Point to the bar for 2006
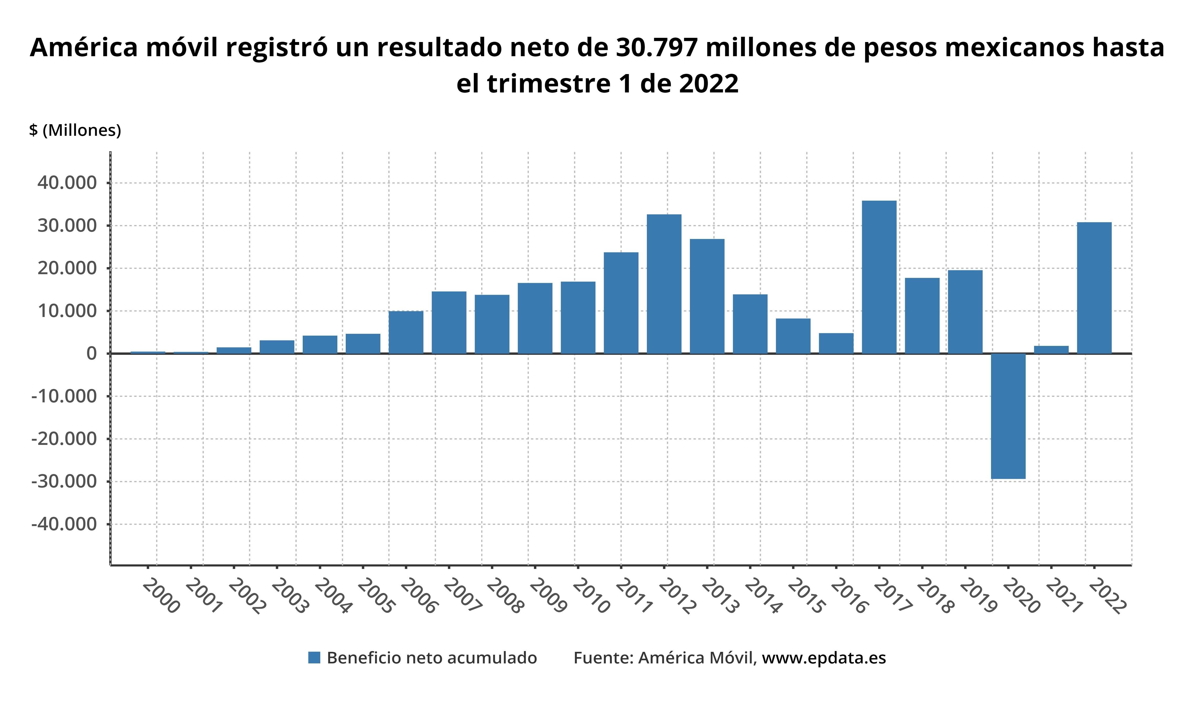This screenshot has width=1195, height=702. (x=406, y=332)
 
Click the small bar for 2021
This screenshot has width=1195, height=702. (x=1051, y=350)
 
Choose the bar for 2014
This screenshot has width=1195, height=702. (x=750, y=324)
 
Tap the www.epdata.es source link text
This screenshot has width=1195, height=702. (x=824, y=658)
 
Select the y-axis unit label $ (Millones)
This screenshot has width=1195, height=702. (x=75, y=130)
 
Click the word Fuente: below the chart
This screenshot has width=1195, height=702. (x=603, y=658)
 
